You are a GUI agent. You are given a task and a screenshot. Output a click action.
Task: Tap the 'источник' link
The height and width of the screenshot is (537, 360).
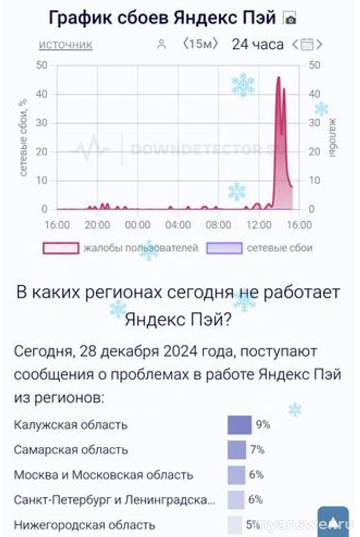coord(66,45)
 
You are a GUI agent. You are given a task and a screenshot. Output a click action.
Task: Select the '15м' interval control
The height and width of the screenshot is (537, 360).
coord(200,44)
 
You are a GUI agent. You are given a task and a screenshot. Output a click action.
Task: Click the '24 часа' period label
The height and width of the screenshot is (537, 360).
coord(257,44)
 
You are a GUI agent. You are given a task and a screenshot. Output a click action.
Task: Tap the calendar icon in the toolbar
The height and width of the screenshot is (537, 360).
coord(307,45)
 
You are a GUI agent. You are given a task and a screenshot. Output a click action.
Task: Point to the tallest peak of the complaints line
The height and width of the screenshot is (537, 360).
coord(278,78)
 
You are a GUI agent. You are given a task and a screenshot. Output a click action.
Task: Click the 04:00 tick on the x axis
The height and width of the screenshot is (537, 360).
coord(178,224)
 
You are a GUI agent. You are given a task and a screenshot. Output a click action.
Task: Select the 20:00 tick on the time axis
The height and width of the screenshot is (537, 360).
coord(97,224)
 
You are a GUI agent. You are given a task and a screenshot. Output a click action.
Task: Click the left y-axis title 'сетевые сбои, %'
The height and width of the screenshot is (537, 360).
coord(23,137)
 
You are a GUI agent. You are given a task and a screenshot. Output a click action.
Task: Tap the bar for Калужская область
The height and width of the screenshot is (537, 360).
coord(240,425)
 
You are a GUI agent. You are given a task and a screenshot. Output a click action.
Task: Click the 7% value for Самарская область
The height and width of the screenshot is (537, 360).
coord(257,450)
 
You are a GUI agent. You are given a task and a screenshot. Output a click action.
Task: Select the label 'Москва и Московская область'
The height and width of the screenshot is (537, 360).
coord(103,475)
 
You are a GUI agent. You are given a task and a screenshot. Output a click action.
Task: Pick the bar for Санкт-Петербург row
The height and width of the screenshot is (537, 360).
coord(236,500)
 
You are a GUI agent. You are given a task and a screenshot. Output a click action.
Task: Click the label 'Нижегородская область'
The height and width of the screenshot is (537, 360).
coord(84,525)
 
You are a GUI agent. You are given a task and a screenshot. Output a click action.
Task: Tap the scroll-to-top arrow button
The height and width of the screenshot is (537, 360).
coord(333,521)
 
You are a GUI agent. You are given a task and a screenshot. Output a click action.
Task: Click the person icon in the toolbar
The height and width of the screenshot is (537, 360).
coord(161,45)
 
